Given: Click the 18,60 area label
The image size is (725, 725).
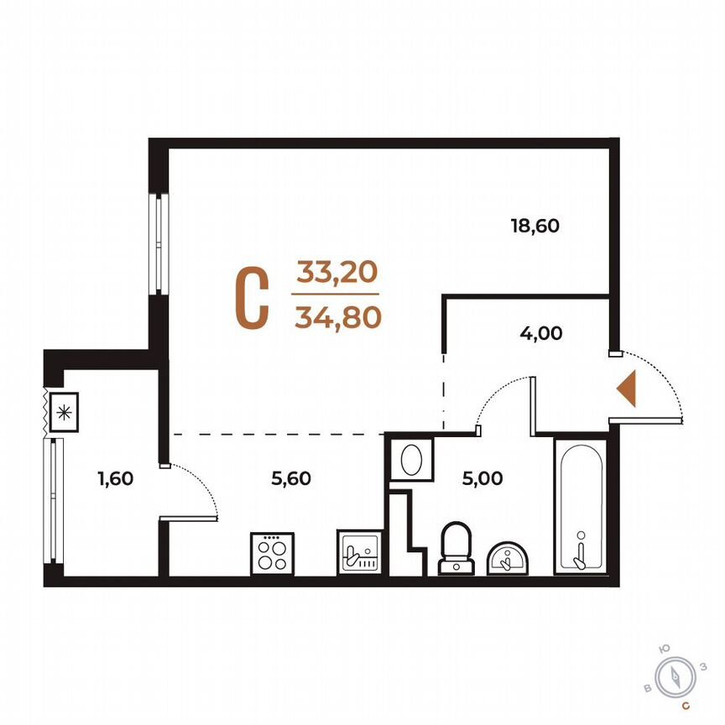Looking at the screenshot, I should [535, 225].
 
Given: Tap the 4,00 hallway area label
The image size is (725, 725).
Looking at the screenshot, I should [540, 332].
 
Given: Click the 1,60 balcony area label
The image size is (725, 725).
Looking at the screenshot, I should [115, 479].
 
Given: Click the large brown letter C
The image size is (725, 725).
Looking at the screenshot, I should [251, 298].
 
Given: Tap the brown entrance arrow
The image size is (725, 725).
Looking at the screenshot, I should [626, 389].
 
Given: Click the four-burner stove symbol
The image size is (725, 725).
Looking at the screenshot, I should [271, 553].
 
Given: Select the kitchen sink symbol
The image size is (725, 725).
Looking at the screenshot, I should [362, 552].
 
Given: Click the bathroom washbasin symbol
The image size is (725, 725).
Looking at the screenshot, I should [508, 557].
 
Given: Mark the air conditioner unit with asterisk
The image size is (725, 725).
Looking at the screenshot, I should [64, 412].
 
